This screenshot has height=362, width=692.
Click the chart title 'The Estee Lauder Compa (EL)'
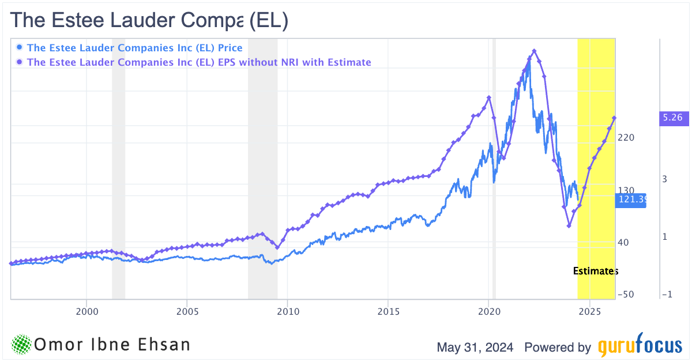point(149,21)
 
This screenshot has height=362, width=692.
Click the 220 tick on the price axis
point(626,138)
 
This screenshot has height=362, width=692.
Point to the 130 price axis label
point(626,190)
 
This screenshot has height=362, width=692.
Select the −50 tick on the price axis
point(625,294)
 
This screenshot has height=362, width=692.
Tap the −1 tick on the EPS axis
point(667,294)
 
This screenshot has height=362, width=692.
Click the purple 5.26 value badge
point(672,118)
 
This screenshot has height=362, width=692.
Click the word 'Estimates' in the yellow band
point(595,271)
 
